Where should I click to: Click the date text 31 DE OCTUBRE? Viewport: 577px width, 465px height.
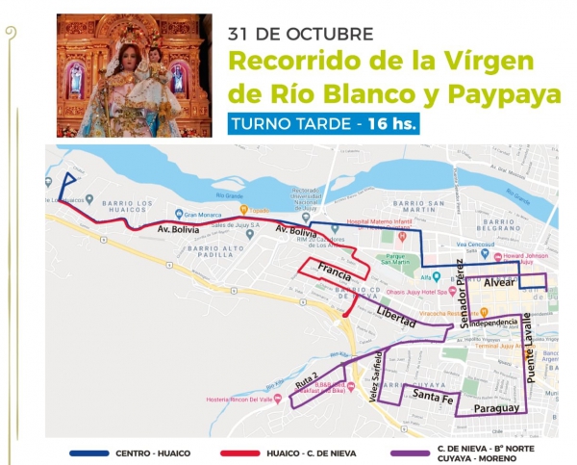300,33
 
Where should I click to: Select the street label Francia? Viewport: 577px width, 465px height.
335,271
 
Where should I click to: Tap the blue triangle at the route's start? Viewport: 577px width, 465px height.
69,186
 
